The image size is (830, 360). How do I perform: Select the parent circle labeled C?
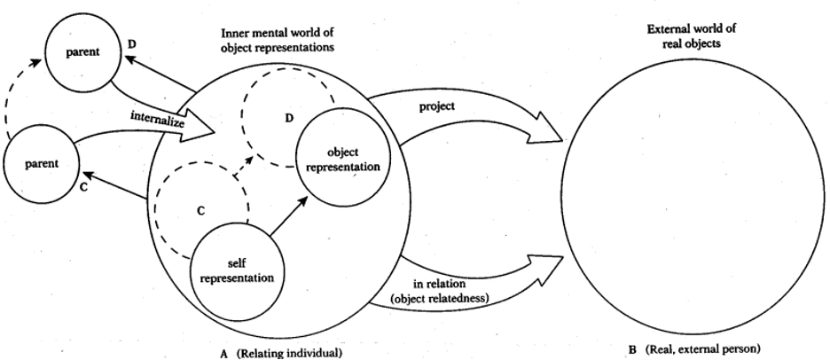[41, 163]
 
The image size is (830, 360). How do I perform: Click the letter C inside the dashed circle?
[201, 213]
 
